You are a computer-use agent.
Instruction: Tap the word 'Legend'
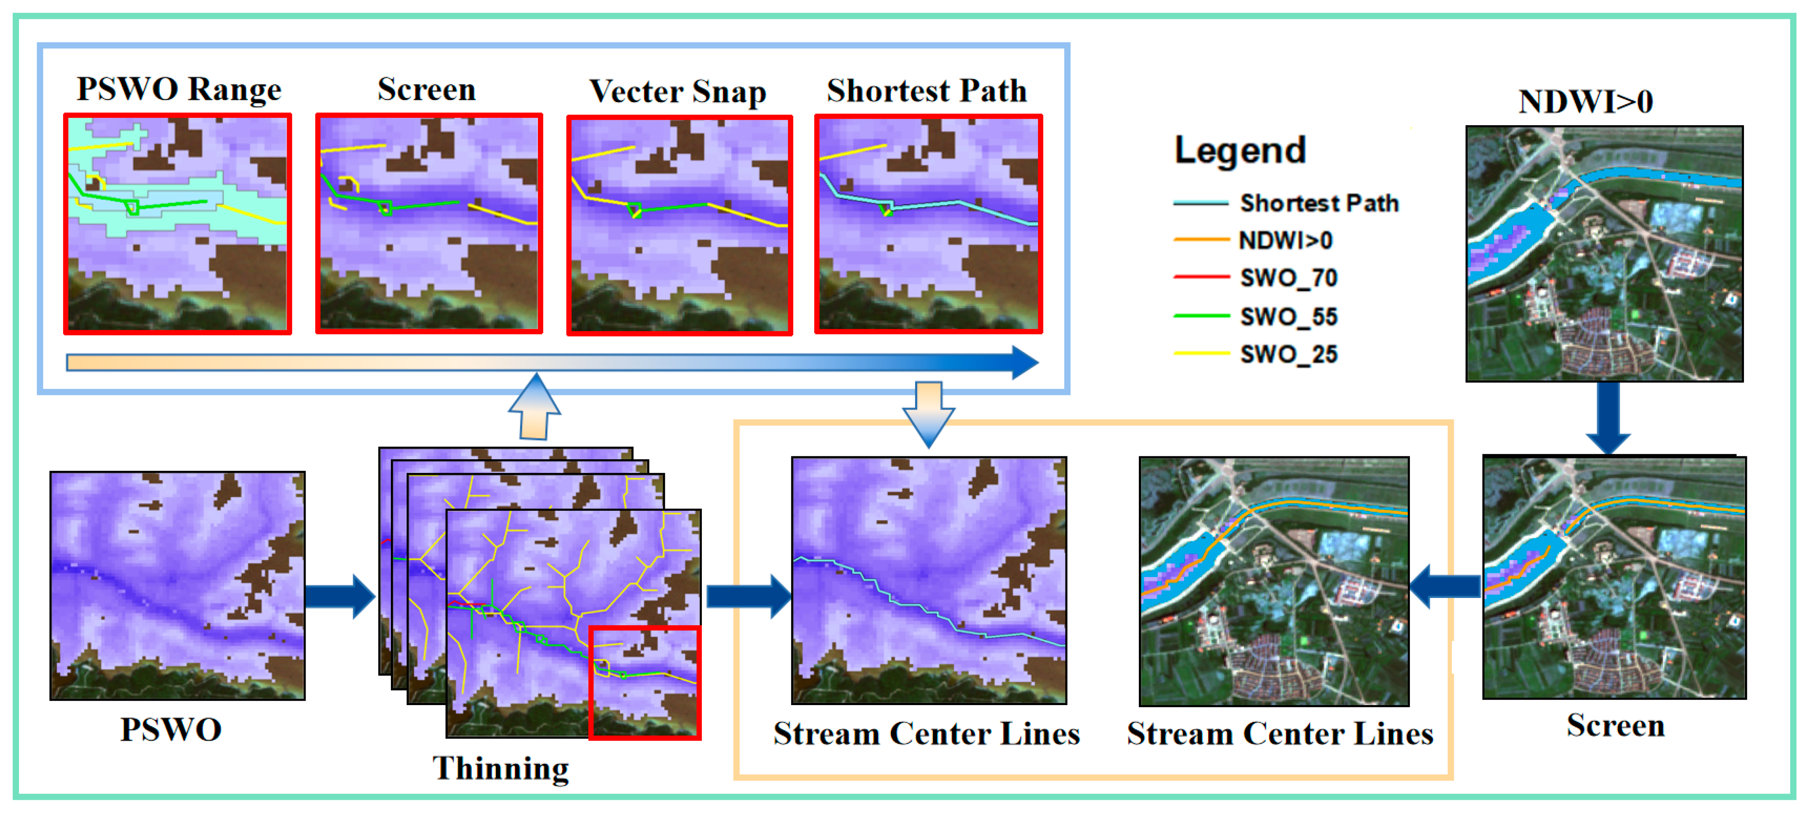coord(1239,150)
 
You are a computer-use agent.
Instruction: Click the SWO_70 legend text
coord(1288,278)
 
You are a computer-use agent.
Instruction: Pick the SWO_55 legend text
coord(1288,316)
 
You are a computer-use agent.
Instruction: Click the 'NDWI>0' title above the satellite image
coord(1585,102)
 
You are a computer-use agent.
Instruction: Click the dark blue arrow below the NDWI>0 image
coord(1608,417)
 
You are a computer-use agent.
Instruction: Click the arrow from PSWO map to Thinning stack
coord(340,596)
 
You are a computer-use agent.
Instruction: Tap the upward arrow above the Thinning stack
coord(535,407)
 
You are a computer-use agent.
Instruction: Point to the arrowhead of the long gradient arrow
coord(1024,362)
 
